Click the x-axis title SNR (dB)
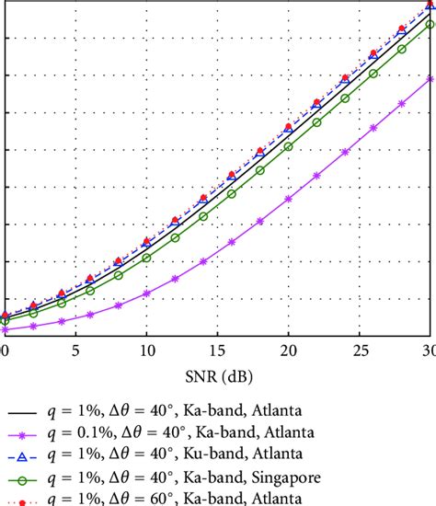tap(217, 379)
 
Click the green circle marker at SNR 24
tap(345, 98)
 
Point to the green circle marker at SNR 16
tap(231, 193)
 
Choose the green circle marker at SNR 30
tap(430, 25)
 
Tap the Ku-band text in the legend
tap(198, 454)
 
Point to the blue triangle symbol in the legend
tap(28, 455)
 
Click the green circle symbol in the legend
tap(28, 477)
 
